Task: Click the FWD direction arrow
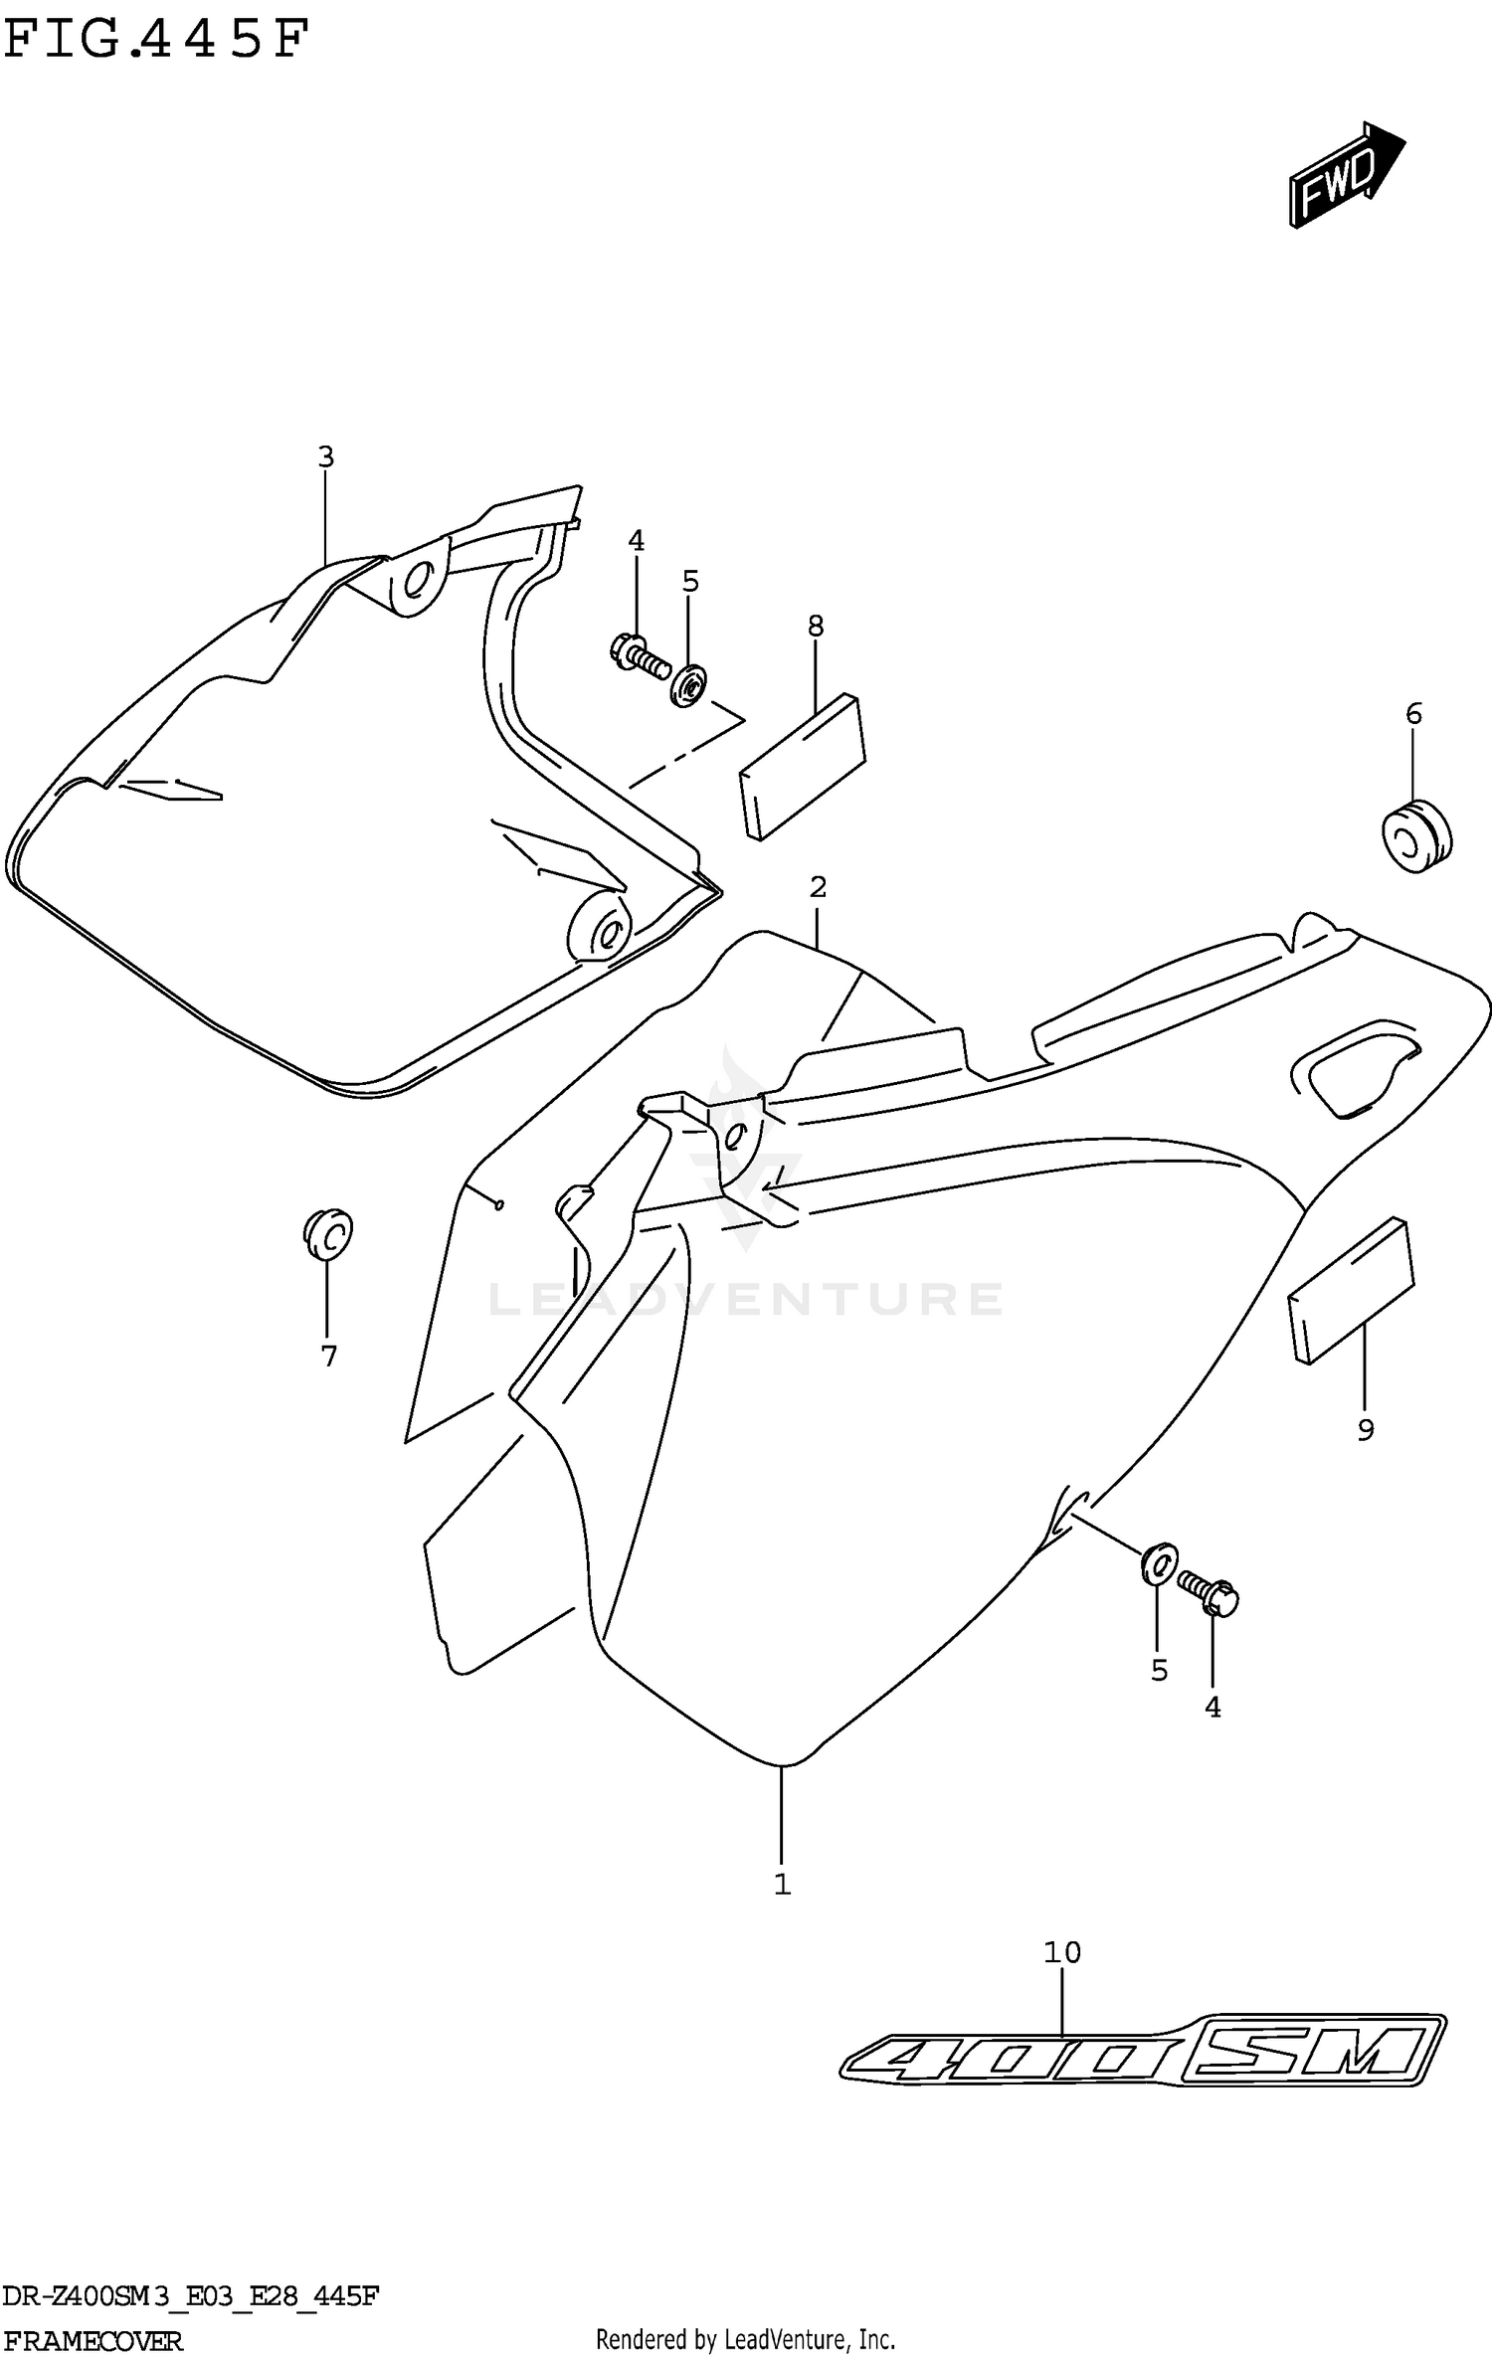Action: click(x=1345, y=177)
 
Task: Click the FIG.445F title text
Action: click(x=157, y=41)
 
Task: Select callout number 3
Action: click(x=325, y=457)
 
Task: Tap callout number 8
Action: click(x=816, y=627)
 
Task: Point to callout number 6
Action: click(x=1413, y=713)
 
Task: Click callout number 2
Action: click(x=818, y=886)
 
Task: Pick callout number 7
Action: click(x=329, y=1356)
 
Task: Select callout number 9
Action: click(x=1366, y=1430)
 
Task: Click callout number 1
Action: click(x=783, y=1884)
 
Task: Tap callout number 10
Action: click(x=1061, y=1952)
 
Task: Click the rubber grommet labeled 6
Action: click(x=1416, y=833)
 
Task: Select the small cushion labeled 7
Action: click(x=328, y=1234)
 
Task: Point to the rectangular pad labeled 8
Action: click(x=803, y=766)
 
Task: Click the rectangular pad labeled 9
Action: click(x=1352, y=1290)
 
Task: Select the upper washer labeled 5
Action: click(x=688, y=685)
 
